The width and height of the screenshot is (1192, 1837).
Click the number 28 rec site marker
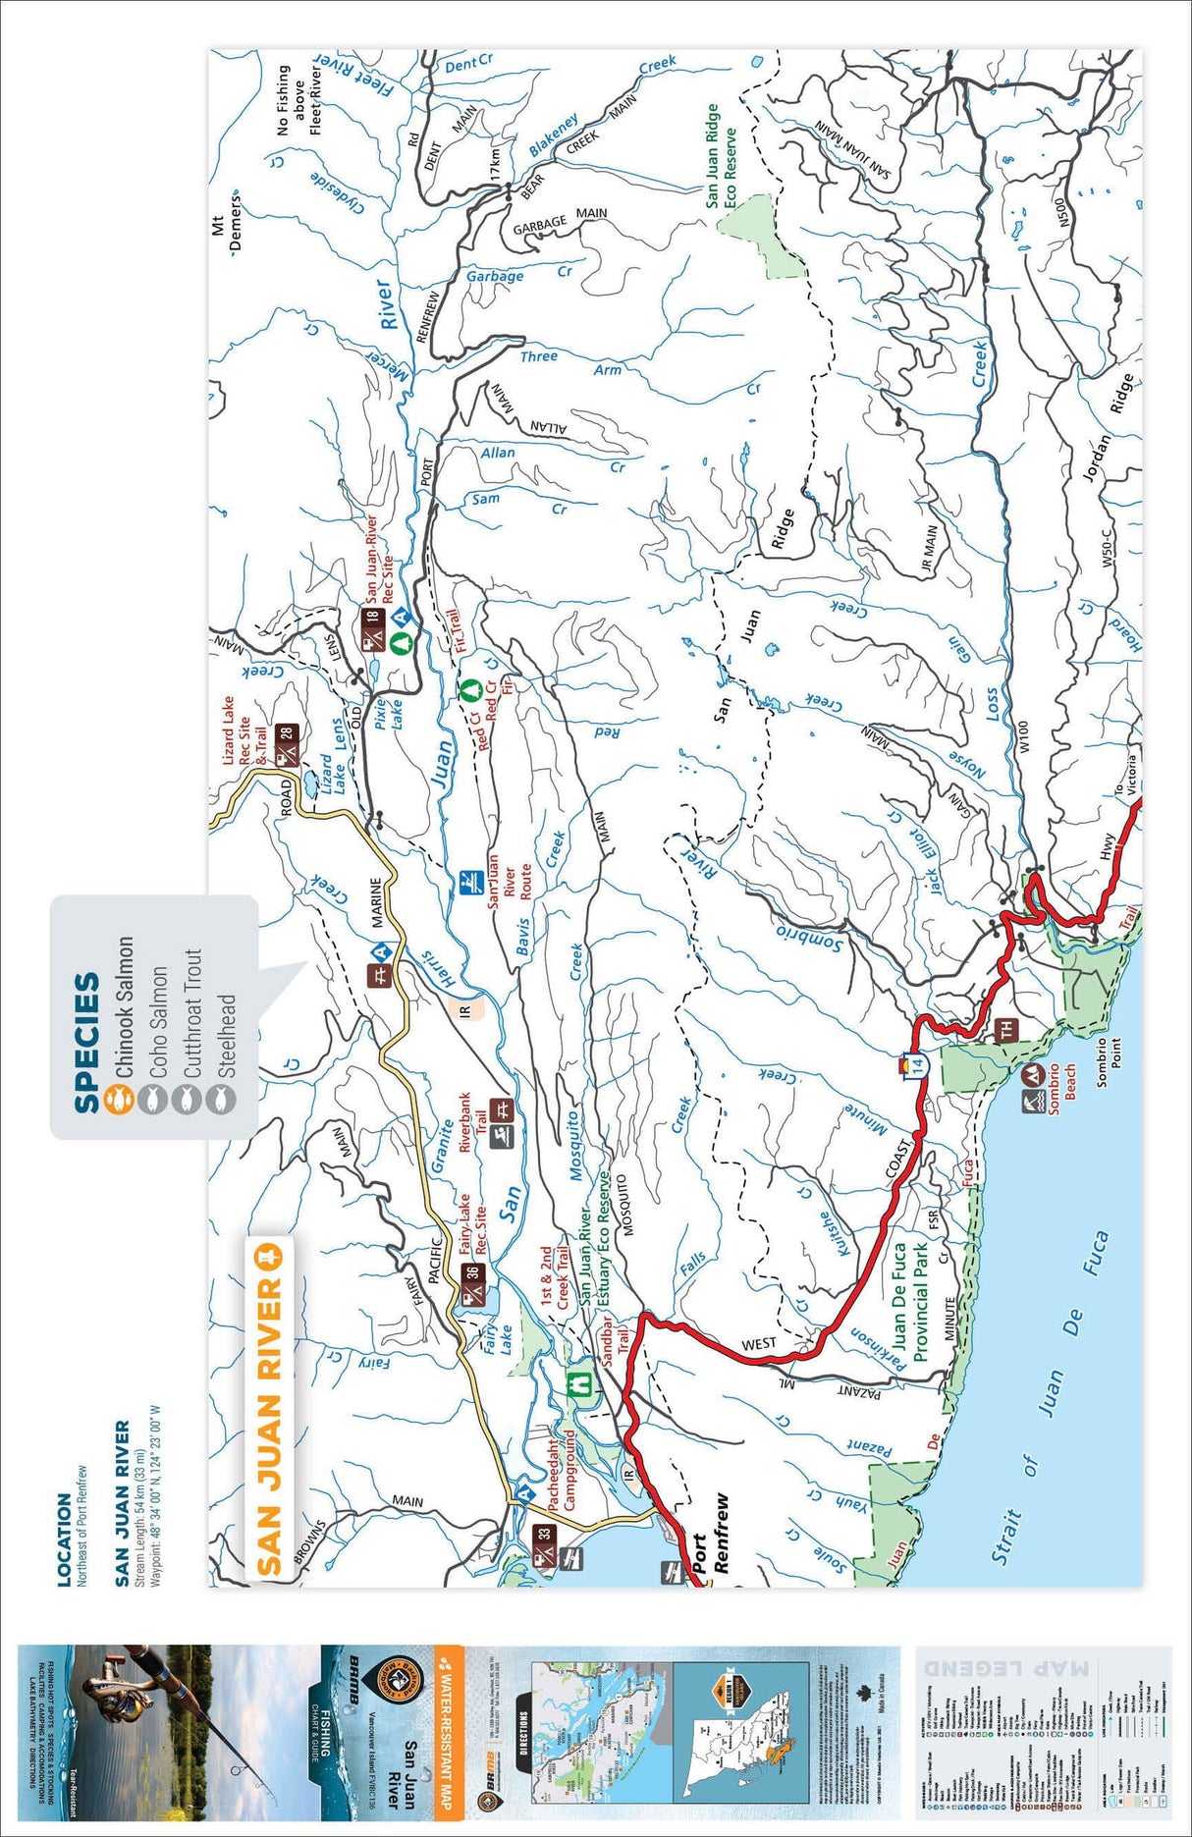[286, 733]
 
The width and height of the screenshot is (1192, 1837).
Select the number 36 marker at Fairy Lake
[473, 1271]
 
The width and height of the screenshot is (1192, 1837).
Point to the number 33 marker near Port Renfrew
[546, 1534]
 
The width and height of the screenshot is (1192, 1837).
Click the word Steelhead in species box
[227, 1037]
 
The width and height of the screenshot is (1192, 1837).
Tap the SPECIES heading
[87, 1042]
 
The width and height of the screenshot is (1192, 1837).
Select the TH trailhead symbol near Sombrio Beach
[1004, 1030]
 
